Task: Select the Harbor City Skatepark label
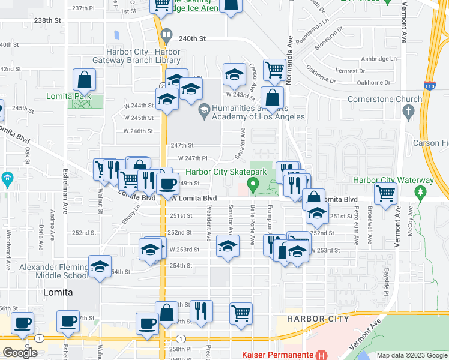[x=221, y=172]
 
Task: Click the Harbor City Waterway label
[x=393, y=180]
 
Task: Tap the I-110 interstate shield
[x=430, y=86]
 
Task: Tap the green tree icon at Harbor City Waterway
[x=421, y=192]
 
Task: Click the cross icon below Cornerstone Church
[x=409, y=111]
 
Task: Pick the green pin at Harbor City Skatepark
[x=253, y=185]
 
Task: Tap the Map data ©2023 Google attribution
[x=411, y=355]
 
